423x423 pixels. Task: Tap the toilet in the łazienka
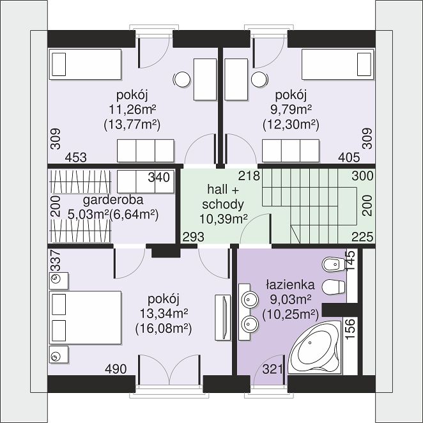(x=334, y=287)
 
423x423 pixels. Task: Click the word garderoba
(x=113, y=201)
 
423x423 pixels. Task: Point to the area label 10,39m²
(x=224, y=219)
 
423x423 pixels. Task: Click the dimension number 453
(x=76, y=157)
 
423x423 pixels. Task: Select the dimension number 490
(x=116, y=369)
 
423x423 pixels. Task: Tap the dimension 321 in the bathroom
(x=272, y=369)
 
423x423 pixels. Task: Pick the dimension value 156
(x=350, y=329)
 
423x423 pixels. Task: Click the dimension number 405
(x=349, y=157)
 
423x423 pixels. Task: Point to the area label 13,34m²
(x=164, y=314)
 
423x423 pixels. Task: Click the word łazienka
(x=290, y=285)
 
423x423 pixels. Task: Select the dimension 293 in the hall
(x=194, y=237)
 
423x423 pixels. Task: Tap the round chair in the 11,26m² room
(x=182, y=80)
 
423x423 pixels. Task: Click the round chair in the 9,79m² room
(x=259, y=80)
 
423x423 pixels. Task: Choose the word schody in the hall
(x=223, y=204)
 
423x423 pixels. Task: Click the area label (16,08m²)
(x=164, y=328)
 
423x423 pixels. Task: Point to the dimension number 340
(x=159, y=177)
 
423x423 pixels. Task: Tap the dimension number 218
(x=249, y=176)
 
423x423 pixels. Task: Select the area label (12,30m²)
(x=291, y=125)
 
